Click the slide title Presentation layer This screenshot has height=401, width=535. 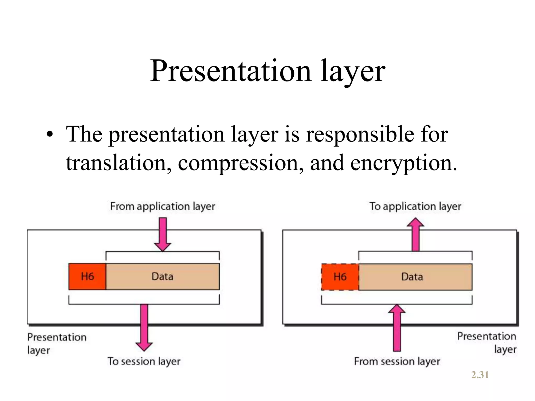click(x=267, y=71)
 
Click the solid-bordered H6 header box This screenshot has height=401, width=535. click(x=87, y=276)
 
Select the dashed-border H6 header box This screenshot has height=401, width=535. click(x=340, y=277)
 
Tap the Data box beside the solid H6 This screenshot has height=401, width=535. click(x=162, y=276)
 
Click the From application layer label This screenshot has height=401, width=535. click(x=162, y=206)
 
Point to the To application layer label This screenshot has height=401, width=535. click(x=415, y=206)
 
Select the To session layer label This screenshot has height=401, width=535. click(x=144, y=361)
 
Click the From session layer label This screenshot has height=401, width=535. click(x=397, y=361)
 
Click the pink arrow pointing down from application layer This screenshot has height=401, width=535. click(x=162, y=234)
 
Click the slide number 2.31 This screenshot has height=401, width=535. click(x=480, y=375)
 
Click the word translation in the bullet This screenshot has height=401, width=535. click(x=119, y=162)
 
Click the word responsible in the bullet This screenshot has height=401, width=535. click(x=360, y=134)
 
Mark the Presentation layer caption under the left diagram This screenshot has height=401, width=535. click(x=56, y=343)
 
